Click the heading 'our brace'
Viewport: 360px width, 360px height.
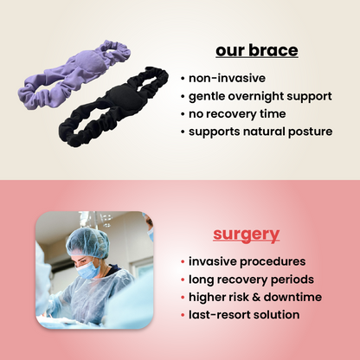(x=256, y=50)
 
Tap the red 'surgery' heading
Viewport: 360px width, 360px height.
(x=247, y=234)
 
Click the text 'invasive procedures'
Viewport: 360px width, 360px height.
(x=247, y=261)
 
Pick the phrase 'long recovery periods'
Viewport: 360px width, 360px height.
(x=252, y=280)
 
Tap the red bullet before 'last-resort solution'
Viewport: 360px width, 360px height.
(x=183, y=315)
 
